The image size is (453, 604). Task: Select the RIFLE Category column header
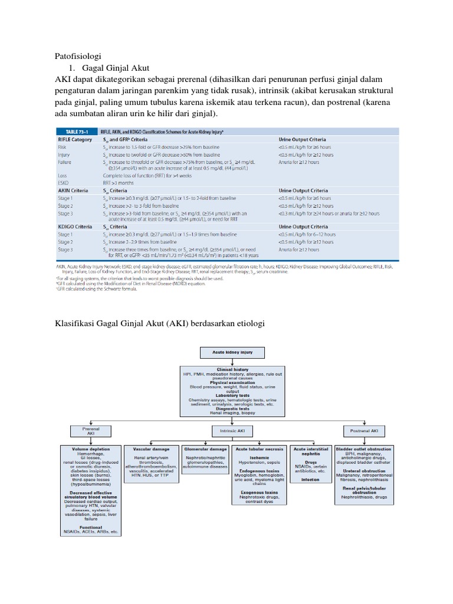[x=75, y=139]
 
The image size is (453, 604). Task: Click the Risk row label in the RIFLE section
[x=63, y=147]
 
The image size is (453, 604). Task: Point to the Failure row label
[x=65, y=162]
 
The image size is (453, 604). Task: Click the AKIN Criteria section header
[x=73, y=191]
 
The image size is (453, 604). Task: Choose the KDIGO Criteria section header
[x=75, y=226]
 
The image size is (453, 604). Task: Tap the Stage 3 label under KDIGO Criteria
[x=65, y=249]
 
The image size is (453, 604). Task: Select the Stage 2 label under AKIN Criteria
[x=65, y=206]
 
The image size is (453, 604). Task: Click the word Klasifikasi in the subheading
[x=77, y=324]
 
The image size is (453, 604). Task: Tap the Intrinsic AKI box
[x=227, y=431]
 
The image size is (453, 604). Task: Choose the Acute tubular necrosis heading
[x=259, y=449]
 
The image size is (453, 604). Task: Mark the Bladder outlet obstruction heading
[x=362, y=449]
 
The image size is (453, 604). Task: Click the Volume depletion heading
[x=90, y=449]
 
